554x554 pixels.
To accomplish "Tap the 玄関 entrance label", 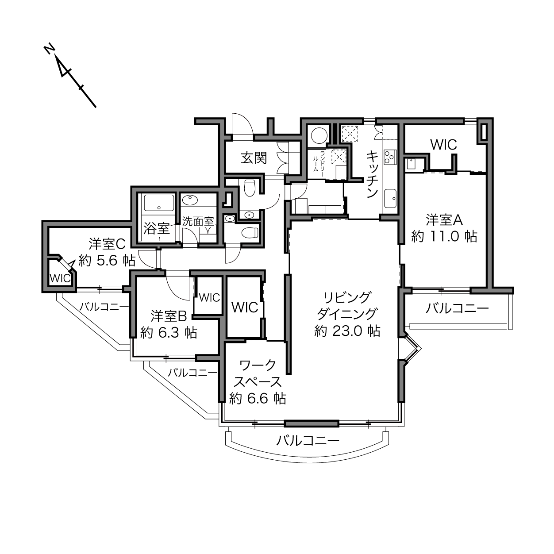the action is click(x=254, y=158).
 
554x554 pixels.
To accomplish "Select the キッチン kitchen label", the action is click(x=372, y=174).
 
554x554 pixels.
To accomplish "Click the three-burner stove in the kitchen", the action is click(x=389, y=157).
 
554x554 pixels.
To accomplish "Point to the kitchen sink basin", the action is click(x=390, y=198).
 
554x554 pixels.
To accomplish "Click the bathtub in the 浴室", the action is click(x=159, y=203).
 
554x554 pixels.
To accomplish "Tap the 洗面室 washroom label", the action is click(x=198, y=221).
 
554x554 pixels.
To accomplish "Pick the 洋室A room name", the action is click(x=444, y=220).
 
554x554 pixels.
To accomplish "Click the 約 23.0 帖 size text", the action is click(x=347, y=331).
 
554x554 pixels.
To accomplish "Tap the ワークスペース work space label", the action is click(x=257, y=374).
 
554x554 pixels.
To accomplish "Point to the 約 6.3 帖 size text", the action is click(x=169, y=333).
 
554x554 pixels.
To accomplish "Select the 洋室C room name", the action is click(x=107, y=244).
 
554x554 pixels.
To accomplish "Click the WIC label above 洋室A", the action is click(x=444, y=145).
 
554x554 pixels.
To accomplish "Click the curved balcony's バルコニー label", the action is click(x=308, y=440).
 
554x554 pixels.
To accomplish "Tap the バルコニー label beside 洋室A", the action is click(x=457, y=308).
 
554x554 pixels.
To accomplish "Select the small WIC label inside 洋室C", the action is click(x=60, y=278).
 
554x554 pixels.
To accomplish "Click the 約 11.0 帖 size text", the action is click(x=444, y=237).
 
